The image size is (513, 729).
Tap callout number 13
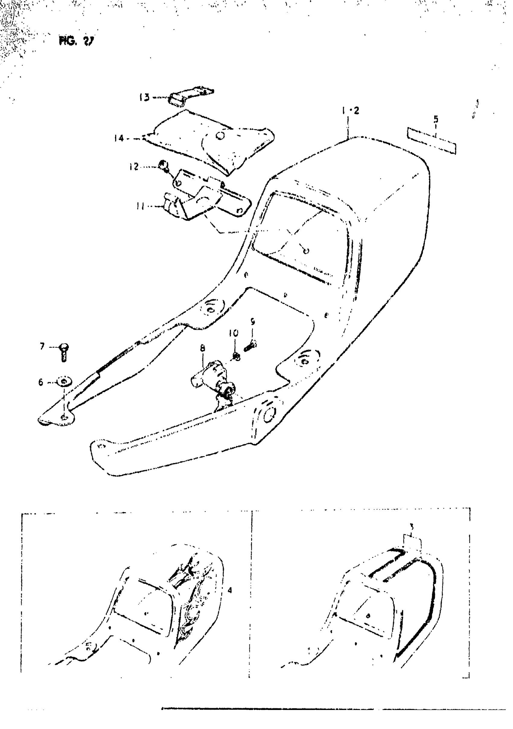coord(145,97)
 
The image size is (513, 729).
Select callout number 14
coord(119,138)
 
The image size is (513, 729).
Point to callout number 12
coord(134,166)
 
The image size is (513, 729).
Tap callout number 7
coord(42,346)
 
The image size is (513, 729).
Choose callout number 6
coord(41,382)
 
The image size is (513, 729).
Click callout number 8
coord(202,348)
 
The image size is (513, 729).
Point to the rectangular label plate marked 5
coord(432,140)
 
